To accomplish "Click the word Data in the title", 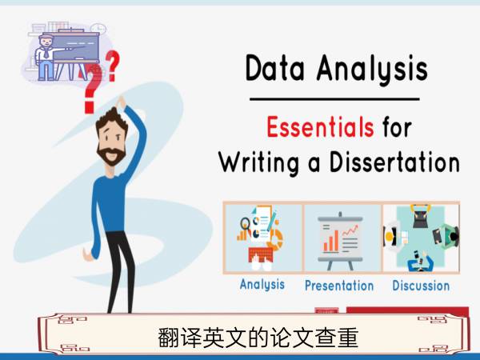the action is (275, 68).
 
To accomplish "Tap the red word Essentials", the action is (320, 126).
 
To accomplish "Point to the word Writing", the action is (259, 163).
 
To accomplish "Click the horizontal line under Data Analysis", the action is (334, 99).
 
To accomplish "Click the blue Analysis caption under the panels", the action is (262, 284).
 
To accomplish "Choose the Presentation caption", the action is (339, 286).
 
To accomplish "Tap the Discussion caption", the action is (421, 286).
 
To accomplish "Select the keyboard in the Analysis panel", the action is (261, 254).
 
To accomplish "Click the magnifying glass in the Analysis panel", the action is (245, 223).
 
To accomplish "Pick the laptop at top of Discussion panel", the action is (421, 217).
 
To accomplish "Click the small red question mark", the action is (112, 66).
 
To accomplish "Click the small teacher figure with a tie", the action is (46, 58).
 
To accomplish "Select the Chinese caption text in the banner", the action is (258, 338).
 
